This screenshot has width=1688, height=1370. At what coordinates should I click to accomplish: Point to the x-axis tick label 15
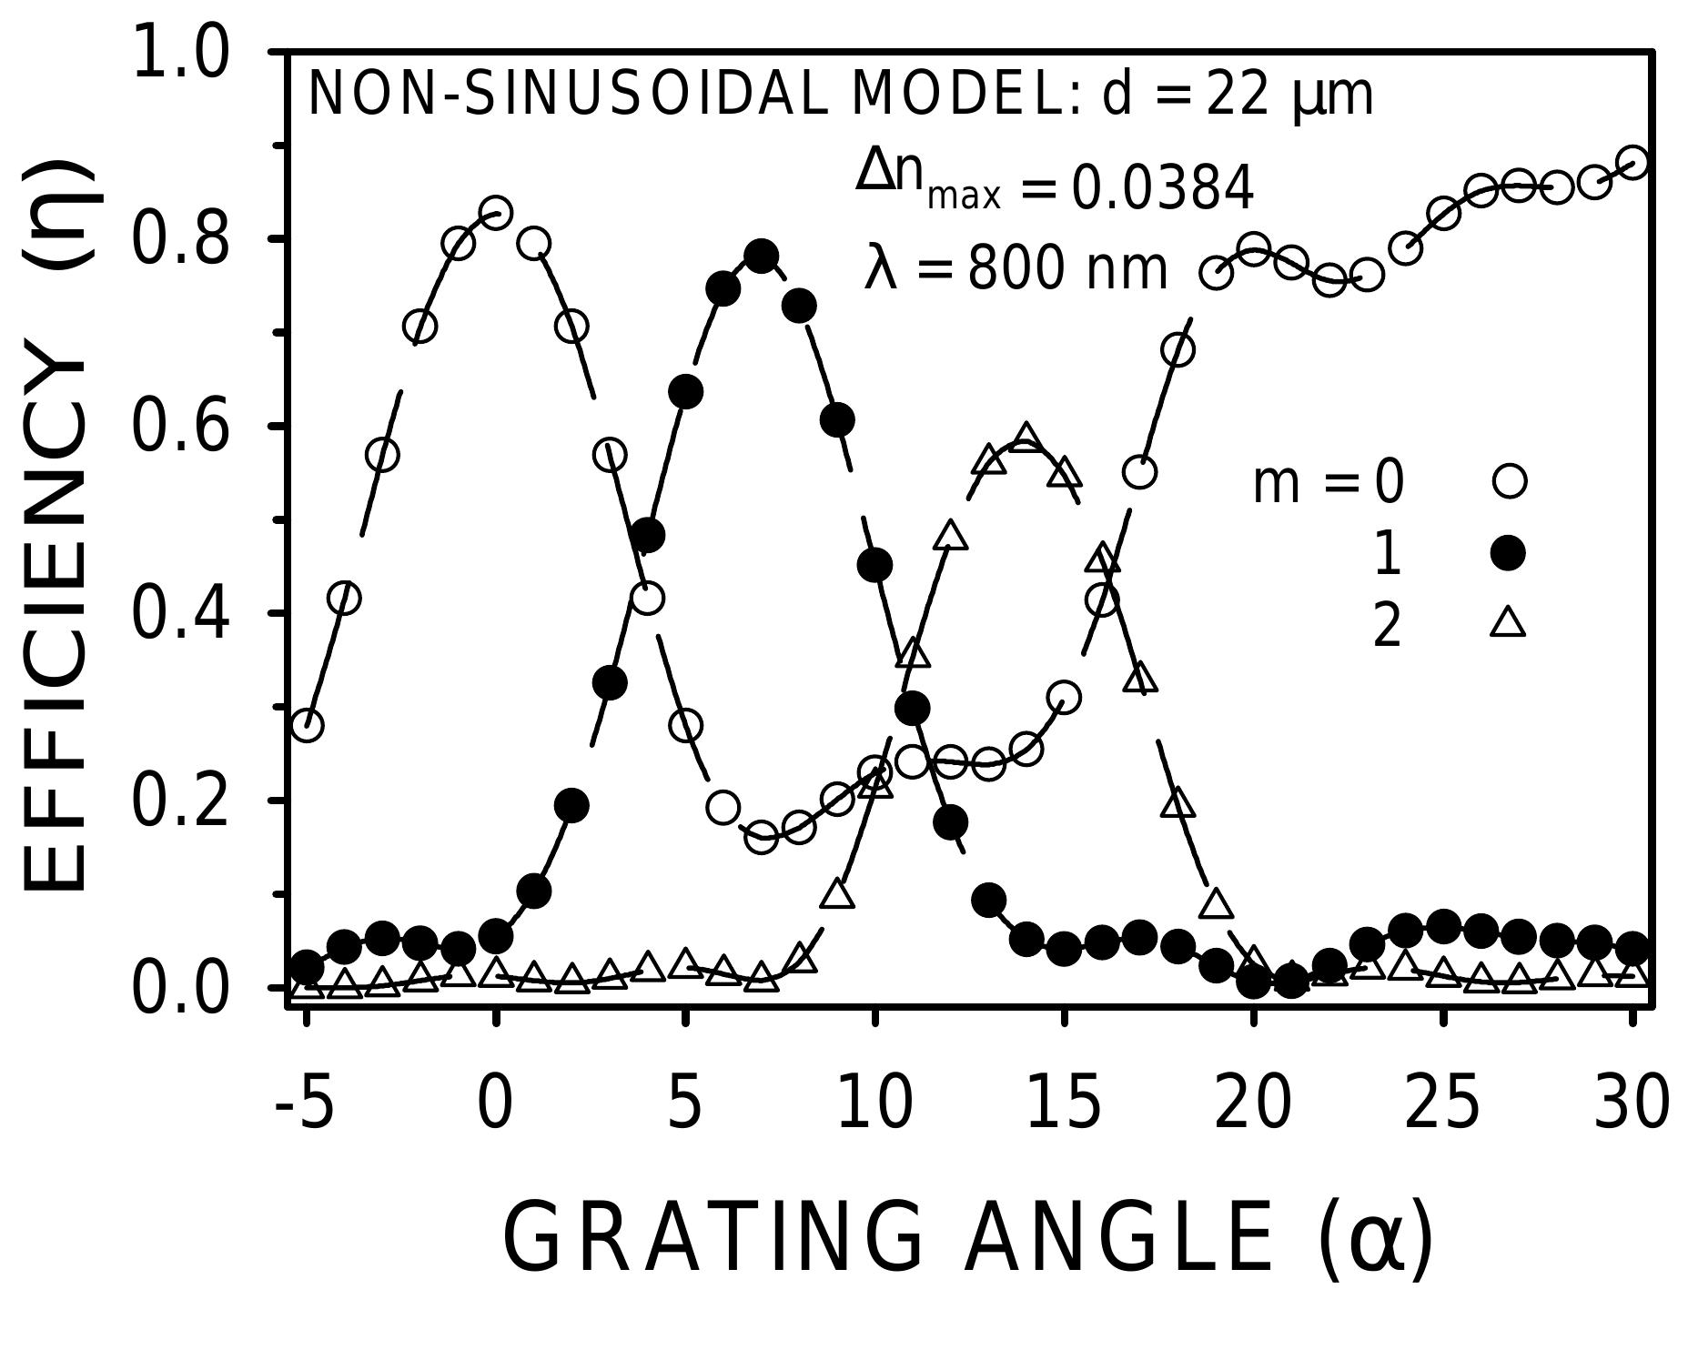1064,1103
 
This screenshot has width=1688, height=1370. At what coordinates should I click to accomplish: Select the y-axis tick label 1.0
179,53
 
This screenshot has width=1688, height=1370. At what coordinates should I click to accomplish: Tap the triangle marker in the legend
1508,624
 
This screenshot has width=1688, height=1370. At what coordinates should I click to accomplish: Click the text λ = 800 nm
1015,269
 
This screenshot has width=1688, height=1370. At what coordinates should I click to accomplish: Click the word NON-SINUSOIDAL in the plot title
570,95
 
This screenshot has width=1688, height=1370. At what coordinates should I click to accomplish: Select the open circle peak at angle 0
495,213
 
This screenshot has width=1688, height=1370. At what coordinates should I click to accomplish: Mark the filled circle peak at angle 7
761,256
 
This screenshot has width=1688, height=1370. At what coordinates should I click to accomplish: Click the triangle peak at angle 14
1026,436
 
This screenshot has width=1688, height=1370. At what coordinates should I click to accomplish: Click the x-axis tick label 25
1442,1103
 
